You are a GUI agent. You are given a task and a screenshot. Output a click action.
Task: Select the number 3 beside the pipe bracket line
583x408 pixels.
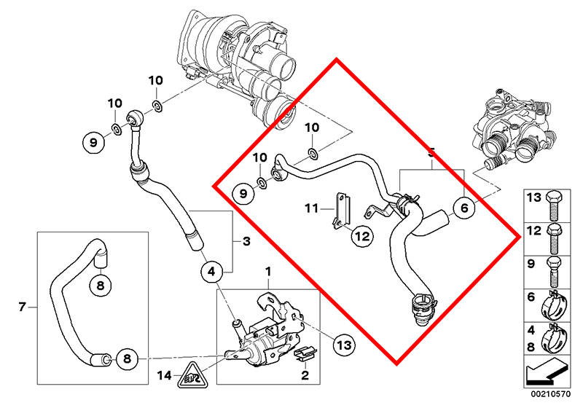246,240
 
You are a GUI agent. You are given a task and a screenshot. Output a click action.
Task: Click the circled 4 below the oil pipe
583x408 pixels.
211,272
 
